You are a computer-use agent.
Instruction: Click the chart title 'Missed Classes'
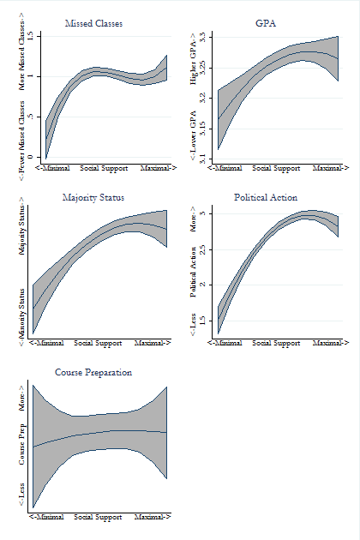tap(93, 23)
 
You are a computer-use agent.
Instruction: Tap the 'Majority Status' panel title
tap(93, 198)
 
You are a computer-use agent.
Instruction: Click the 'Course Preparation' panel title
tap(93, 373)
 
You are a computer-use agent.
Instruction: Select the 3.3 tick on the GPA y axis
tap(202, 38)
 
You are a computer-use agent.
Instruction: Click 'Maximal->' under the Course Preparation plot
tap(152, 517)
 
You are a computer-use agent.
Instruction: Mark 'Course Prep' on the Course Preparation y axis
tap(22, 444)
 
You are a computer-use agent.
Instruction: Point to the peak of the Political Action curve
tap(307, 215)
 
